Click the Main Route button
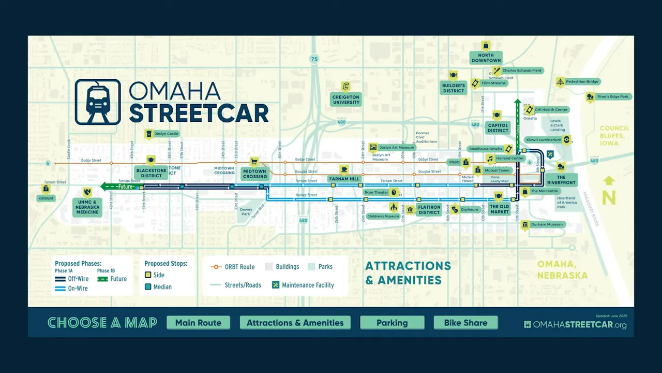click(198, 323)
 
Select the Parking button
click(392, 323)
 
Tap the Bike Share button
click(465, 323)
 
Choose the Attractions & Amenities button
click(295, 323)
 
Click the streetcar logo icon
click(98, 102)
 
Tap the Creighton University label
click(346, 99)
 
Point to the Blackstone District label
click(151, 173)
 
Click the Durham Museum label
click(547, 224)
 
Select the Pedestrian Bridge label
click(582, 82)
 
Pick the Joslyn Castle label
click(166, 134)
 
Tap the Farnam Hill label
click(344, 179)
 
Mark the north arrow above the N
click(609, 181)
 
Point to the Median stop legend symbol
click(148, 286)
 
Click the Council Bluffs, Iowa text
click(614, 136)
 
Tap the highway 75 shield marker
click(314, 59)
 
